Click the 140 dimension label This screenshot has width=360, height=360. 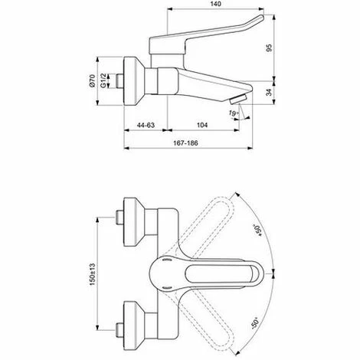(x=216, y=4)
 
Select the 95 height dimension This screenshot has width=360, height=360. (x=270, y=48)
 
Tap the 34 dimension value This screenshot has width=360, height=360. (x=270, y=93)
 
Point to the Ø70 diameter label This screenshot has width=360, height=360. (x=93, y=80)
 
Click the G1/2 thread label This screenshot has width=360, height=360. (x=103, y=80)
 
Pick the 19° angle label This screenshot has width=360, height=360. (x=234, y=113)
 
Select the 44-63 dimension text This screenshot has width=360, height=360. (x=146, y=125)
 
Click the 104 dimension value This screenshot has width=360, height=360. (x=202, y=125)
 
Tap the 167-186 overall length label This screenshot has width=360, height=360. (x=185, y=143)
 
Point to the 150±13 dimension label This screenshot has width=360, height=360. (x=93, y=274)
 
